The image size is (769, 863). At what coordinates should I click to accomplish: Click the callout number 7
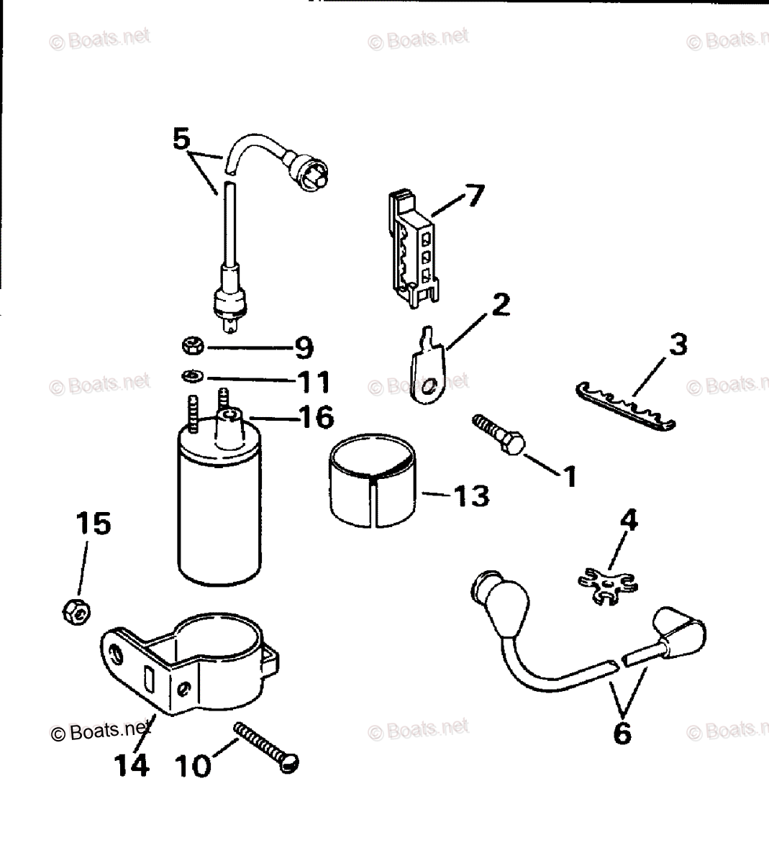click(475, 195)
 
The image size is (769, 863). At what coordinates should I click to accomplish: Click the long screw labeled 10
click(266, 748)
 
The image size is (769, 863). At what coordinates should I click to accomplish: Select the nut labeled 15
click(75, 611)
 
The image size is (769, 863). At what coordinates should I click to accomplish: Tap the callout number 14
click(131, 764)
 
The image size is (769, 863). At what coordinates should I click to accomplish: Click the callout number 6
click(622, 733)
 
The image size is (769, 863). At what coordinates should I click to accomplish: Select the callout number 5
click(181, 137)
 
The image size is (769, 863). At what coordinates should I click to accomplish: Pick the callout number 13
click(472, 496)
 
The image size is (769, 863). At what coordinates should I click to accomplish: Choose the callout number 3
click(677, 344)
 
